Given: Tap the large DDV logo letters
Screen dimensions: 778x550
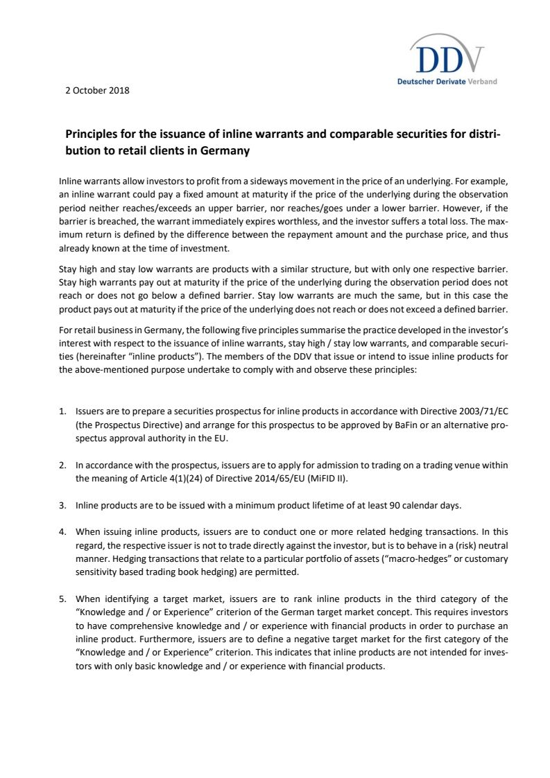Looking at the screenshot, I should pos(447,60).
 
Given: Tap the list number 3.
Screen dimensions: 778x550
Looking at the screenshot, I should pos(62,506).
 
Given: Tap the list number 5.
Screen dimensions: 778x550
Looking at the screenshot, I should pos(62,599).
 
